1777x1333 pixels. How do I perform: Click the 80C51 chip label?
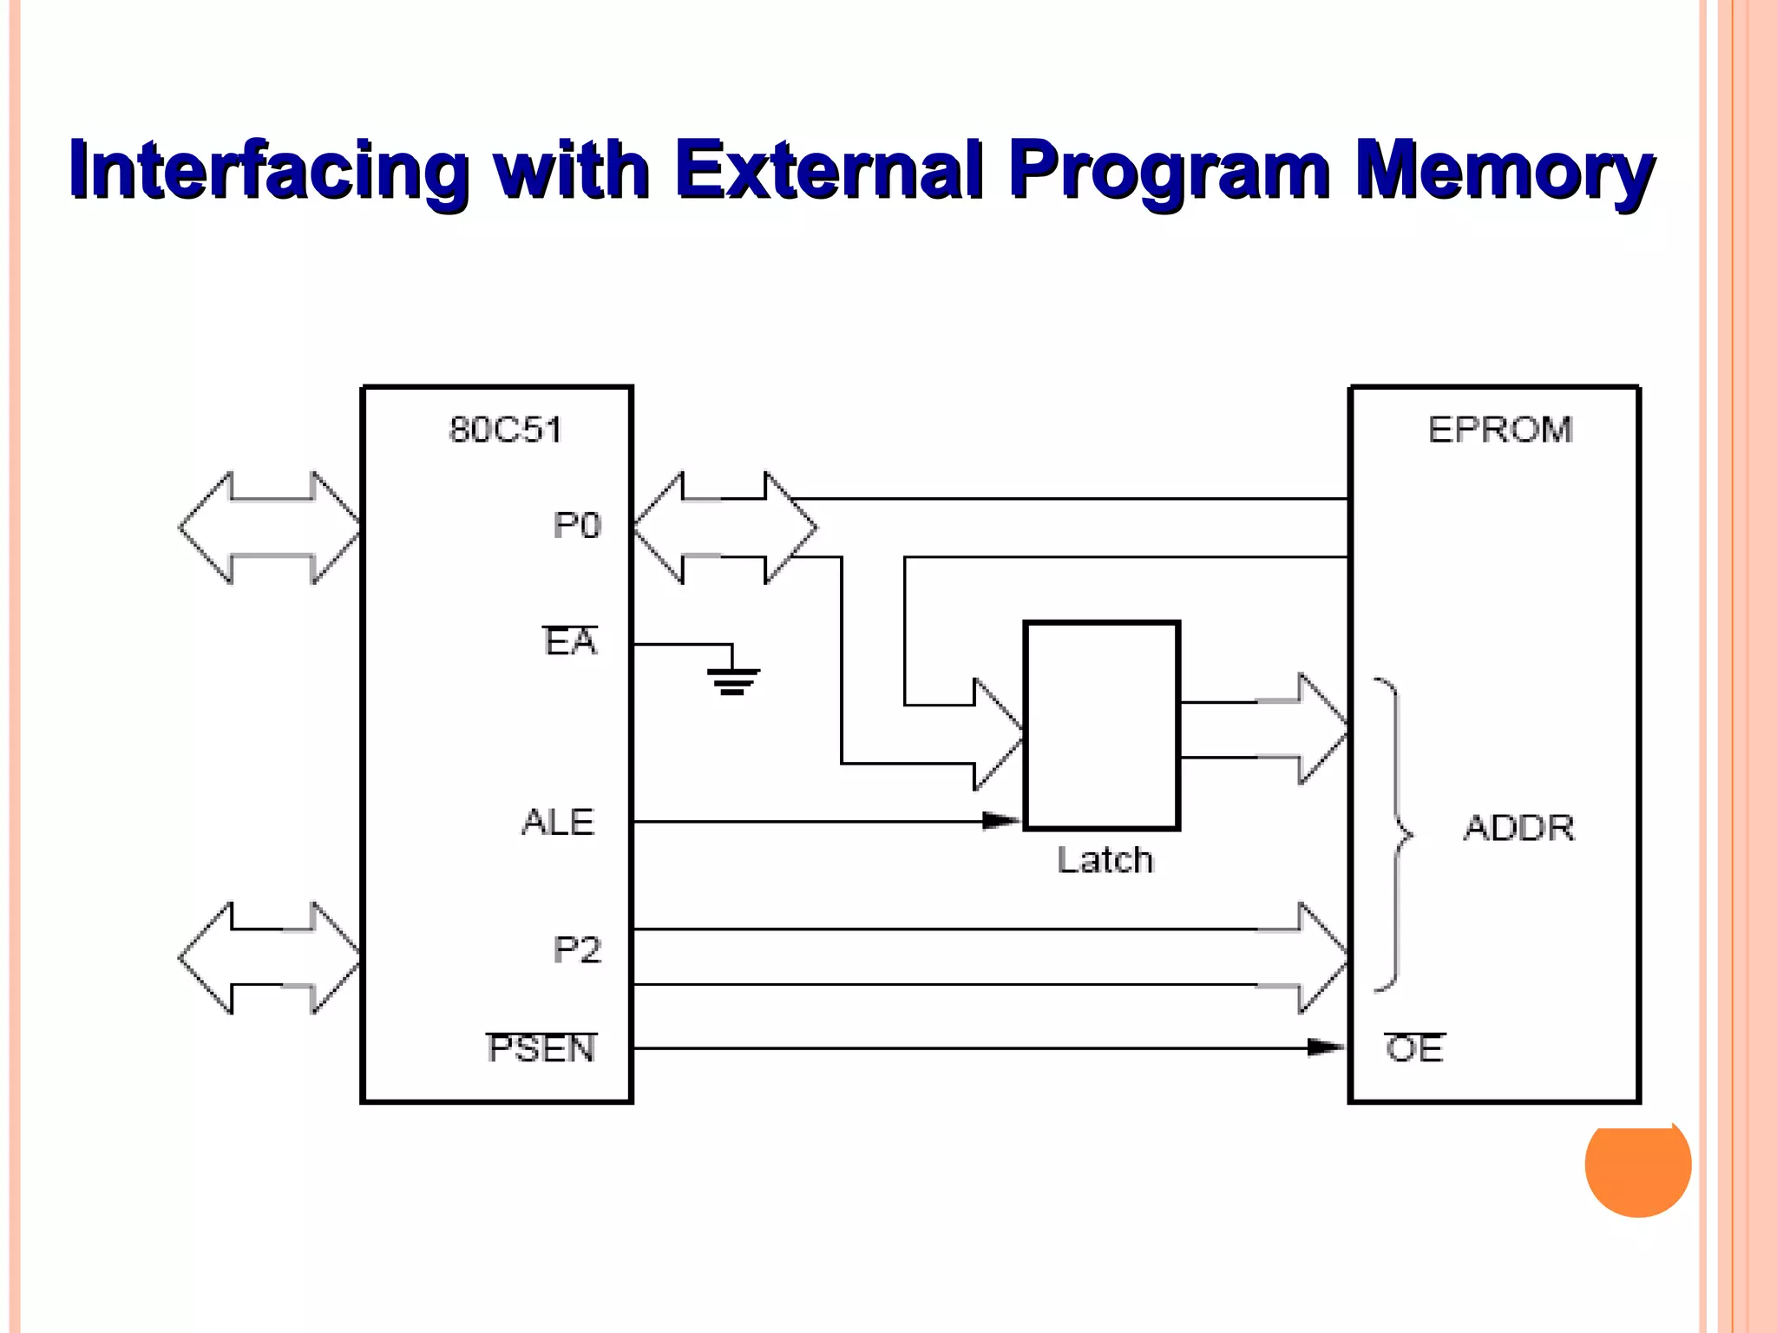pyautogui.click(x=505, y=430)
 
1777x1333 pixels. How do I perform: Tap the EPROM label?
pyautogui.click(x=1500, y=430)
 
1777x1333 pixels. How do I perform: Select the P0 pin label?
pyautogui.click(x=577, y=526)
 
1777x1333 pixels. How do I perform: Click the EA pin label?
pyautogui.click(x=571, y=642)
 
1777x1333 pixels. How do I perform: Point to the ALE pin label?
pyautogui.click(x=558, y=823)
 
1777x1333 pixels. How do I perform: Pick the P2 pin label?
pyautogui.click(x=577, y=950)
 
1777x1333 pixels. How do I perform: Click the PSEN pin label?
pyautogui.click(x=542, y=1048)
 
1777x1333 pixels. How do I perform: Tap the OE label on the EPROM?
pyautogui.click(x=1414, y=1048)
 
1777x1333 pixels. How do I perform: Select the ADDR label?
pyautogui.click(x=1519, y=828)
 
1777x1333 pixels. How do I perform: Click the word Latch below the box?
pyautogui.click(x=1105, y=860)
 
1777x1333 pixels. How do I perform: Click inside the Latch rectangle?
pyautogui.click(x=1102, y=726)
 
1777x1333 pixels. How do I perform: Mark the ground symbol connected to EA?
pyautogui.click(x=733, y=680)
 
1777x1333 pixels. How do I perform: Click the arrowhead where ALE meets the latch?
pyautogui.click(x=1002, y=821)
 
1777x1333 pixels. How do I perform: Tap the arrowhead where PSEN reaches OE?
pyautogui.click(x=1326, y=1047)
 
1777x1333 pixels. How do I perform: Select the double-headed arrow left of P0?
pyautogui.click(x=270, y=528)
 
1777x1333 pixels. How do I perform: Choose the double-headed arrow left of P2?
pyautogui.click(x=270, y=958)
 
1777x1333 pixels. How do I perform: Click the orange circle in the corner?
pyautogui.click(x=1637, y=1167)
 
